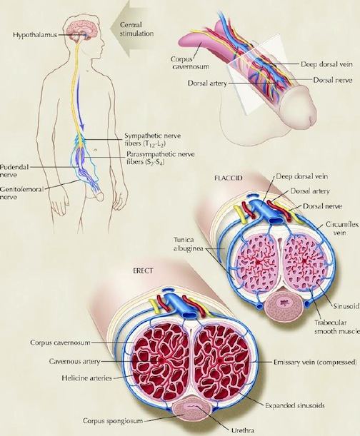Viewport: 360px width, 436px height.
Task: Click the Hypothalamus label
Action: click(x=35, y=35)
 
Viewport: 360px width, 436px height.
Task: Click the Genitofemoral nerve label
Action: click(x=21, y=193)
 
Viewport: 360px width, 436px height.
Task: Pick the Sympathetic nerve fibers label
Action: click(x=152, y=140)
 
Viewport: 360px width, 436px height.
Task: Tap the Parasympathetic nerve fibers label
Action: click(x=161, y=158)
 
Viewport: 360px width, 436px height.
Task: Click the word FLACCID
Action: click(x=229, y=178)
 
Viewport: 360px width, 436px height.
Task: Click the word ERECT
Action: click(x=144, y=271)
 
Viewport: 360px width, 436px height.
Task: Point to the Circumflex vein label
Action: click(x=342, y=228)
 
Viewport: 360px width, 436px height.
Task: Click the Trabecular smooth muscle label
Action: click(x=337, y=327)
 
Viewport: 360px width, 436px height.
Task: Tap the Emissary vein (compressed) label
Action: click(x=315, y=363)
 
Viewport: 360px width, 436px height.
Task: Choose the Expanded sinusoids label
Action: click(x=294, y=405)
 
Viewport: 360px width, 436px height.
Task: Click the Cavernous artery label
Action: click(x=74, y=362)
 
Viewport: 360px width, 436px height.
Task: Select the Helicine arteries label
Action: click(x=86, y=378)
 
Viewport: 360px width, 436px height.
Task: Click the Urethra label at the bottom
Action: click(x=243, y=430)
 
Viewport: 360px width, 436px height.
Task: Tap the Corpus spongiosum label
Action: click(x=113, y=421)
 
